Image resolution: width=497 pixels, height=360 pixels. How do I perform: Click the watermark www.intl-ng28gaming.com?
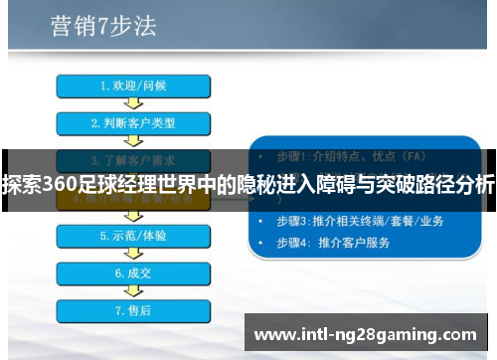pos(366,334)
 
